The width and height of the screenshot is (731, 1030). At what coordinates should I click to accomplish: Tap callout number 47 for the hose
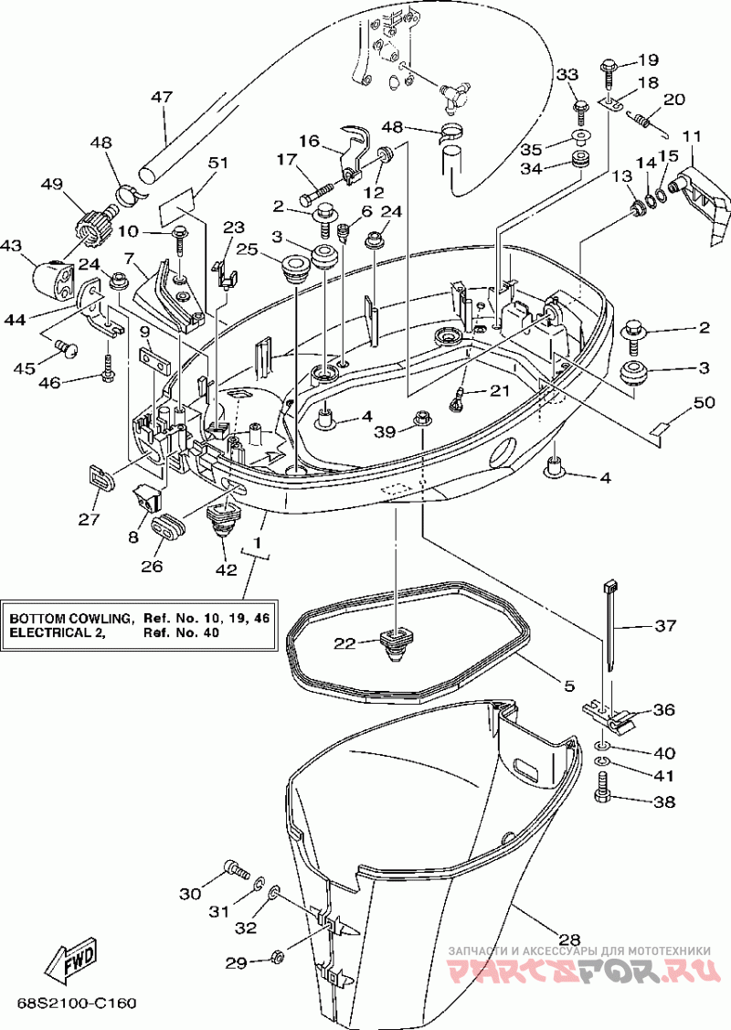tap(162, 97)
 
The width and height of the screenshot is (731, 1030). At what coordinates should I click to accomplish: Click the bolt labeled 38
tap(602, 787)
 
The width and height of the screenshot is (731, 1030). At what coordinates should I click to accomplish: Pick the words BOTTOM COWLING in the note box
tap(71, 619)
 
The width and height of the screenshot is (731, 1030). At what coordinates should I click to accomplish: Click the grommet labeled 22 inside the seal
tap(394, 643)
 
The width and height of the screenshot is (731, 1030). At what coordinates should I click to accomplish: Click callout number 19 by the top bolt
tap(648, 60)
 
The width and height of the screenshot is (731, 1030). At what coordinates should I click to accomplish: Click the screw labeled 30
tap(237, 870)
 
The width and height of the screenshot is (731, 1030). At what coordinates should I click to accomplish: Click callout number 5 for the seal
tap(568, 685)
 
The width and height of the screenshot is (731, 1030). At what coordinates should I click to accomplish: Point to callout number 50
tap(705, 402)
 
